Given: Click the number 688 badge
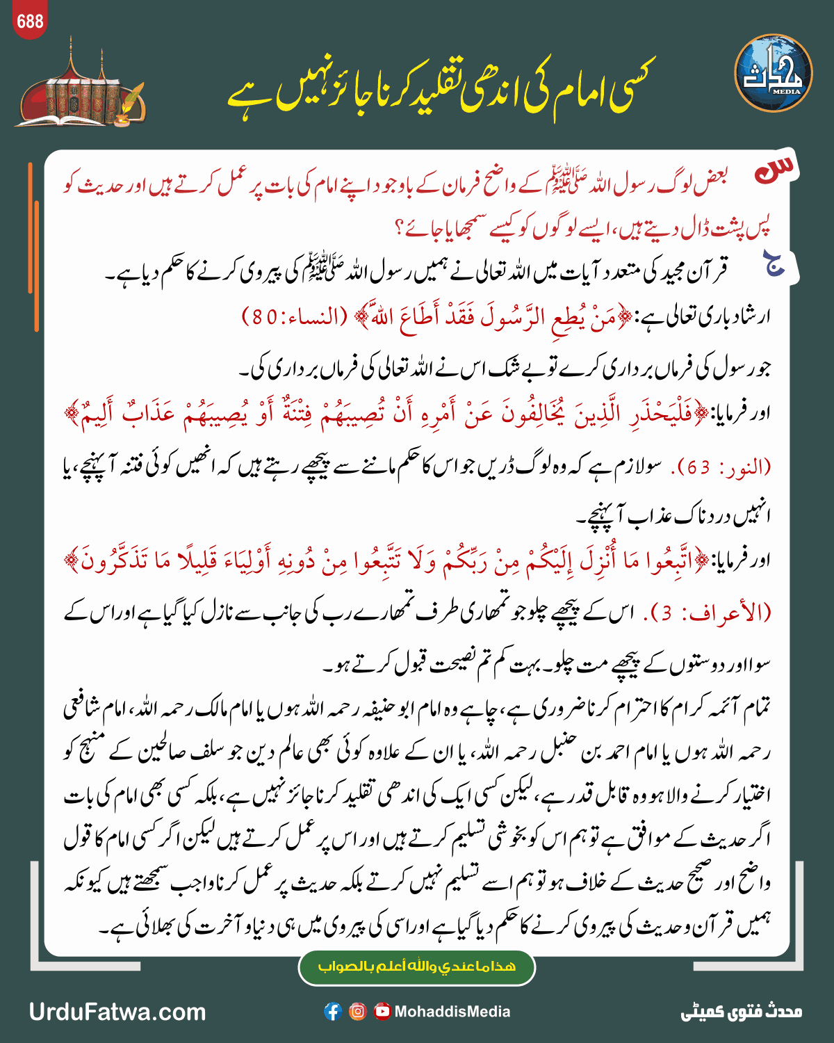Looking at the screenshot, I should point(30,22).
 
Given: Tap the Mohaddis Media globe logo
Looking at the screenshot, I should point(773,74).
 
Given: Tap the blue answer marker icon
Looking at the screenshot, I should point(774,264).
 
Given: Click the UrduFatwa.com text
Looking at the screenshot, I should point(117,1012).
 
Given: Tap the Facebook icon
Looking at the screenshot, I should point(333,1012).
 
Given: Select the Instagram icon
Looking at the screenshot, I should point(357,1012).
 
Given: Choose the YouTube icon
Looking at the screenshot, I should point(382,1012).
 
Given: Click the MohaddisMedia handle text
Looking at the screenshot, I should point(452,1012).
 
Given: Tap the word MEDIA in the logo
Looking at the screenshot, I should point(786,91).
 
